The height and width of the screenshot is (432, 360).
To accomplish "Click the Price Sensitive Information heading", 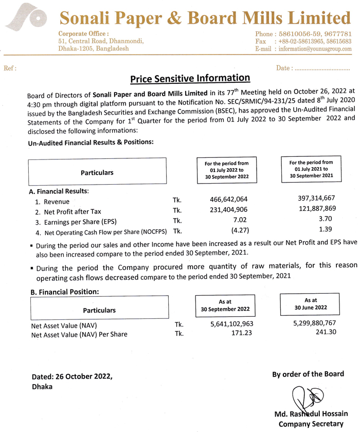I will point(190,79).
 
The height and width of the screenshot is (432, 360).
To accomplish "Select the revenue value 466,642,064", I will point(229,199).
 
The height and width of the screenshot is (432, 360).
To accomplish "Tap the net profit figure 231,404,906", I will point(229,210).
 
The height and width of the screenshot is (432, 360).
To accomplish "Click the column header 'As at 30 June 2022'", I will point(310,303).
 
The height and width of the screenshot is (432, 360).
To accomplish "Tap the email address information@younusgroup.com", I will point(315,49).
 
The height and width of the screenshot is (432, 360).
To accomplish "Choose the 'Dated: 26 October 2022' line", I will point(72,376).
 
